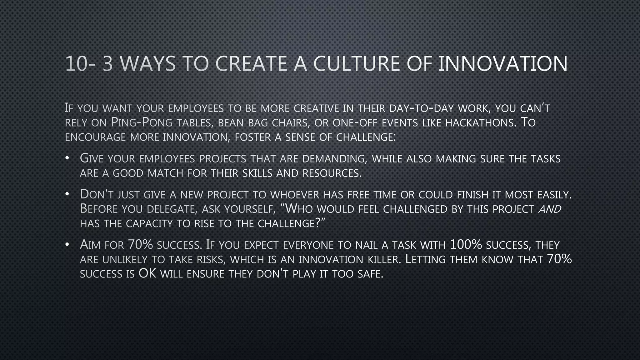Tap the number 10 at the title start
(x=76, y=64)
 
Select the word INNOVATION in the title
(x=503, y=64)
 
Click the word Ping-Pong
(x=142, y=123)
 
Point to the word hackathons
(x=479, y=123)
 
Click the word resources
(x=332, y=173)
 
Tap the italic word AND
(x=550, y=209)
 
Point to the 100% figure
(x=466, y=245)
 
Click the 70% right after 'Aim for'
(x=140, y=245)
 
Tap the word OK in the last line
(x=147, y=274)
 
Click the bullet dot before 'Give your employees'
(x=67, y=159)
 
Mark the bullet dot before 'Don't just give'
(x=67, y=195)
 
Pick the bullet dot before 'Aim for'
(x=67, y=245)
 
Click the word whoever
(x=295, y=195)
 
